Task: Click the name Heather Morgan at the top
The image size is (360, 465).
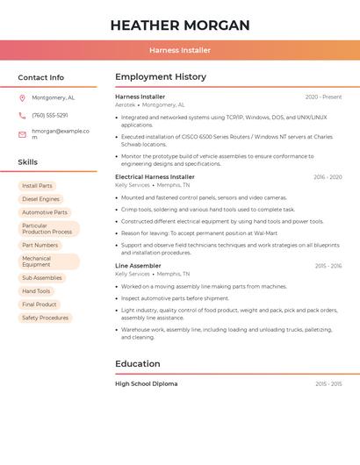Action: point(180,25)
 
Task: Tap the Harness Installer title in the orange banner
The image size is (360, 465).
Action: point(180,50)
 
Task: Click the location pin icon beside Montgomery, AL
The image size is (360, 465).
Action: point(22,98)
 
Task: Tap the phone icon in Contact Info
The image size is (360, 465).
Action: point(22,115)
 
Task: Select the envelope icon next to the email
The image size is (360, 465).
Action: point(22,134)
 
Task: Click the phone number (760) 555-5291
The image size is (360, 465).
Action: point(50,115)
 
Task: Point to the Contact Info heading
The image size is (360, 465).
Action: point(40,77)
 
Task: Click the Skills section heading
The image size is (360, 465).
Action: point(28,162)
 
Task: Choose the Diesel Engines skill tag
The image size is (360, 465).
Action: point(40,199)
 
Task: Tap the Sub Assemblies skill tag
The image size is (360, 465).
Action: point(42,278)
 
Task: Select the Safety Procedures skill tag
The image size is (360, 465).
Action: point(45,318)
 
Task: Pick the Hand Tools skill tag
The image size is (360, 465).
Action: point(36,291)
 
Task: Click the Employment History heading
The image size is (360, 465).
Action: point(161,77)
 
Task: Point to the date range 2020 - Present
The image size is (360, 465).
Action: point(323,97)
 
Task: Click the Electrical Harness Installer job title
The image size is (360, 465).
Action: point(155,177)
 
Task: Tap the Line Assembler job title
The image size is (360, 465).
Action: point(138,266)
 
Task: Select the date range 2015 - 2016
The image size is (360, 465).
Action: point(328,266)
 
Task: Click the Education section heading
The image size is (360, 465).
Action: point(138,364)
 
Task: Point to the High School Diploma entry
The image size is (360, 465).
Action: point(146,384)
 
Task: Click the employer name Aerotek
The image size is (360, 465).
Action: point(126,104)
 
